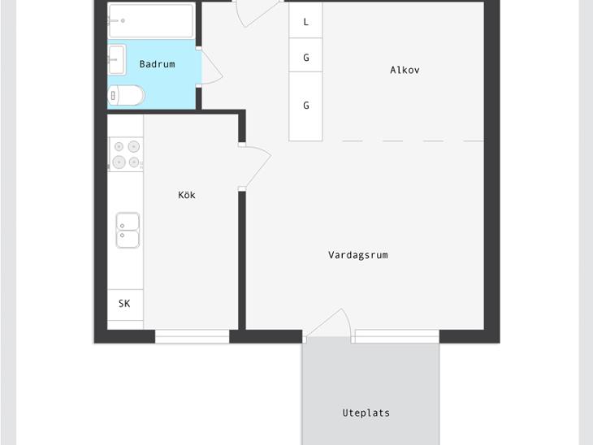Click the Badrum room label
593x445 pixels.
tap(157, 64)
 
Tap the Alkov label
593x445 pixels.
tap(405, 70)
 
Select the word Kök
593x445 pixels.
tap(187, 195)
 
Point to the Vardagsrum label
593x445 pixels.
tap(357, 255)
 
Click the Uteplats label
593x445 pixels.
tap(366, 413)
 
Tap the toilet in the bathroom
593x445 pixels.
tap(126, 95)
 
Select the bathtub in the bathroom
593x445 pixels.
tap(151, 21)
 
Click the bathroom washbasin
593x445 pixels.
tap(116, 60)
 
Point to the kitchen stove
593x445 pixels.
tap(126, 154)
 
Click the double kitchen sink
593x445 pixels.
tap(128, 231)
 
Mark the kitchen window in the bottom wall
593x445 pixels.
tap(193, 336)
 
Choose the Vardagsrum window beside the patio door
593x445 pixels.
tap(397, 336)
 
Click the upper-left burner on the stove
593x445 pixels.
tap(119, 147)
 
